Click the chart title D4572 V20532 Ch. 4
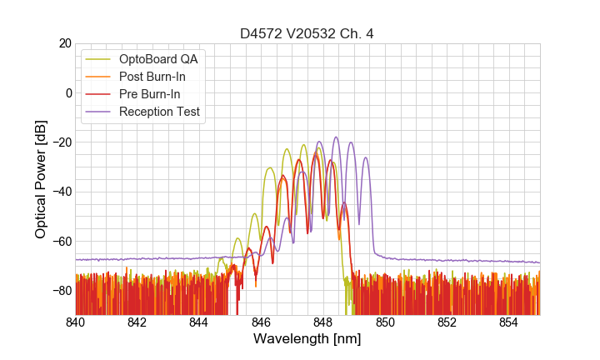(x=307, y=33)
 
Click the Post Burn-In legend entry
(x=152, y=76)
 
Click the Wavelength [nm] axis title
(x=307, y=339)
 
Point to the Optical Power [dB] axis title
(x=40, y=179)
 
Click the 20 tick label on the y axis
(x=65, y=43)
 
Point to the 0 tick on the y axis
(x=68, y=92)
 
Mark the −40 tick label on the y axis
(x=61, y=192)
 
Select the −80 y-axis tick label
(x=61, y=290)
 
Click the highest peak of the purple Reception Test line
(x=336, y=137)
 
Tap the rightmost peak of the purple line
(x=365, y=157)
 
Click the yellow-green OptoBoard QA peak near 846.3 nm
(x=270, y=168)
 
